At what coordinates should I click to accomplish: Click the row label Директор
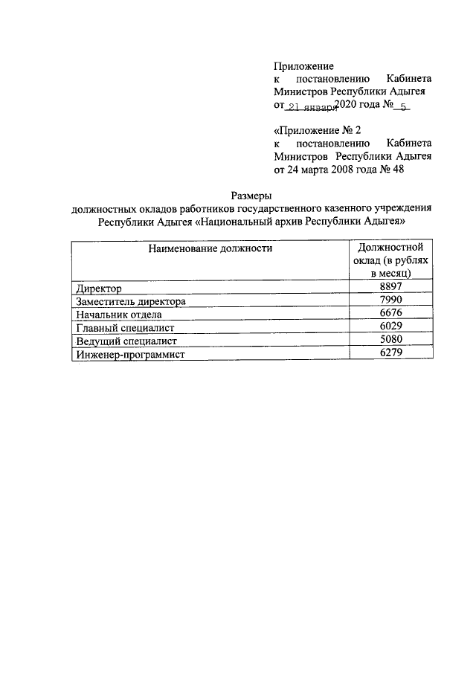(98, 289)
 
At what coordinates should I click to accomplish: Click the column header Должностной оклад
(390, 260)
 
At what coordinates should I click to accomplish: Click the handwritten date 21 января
(311, 106)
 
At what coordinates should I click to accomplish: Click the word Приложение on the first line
(304, 65)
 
